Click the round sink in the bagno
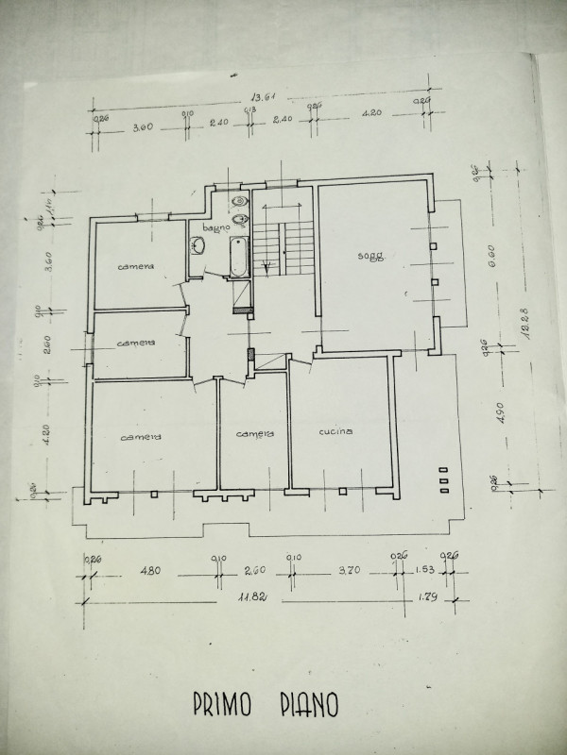[x=198, y=247]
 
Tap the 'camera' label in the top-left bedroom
[x=135, y=267]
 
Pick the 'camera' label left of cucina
[x=254, y=434]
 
